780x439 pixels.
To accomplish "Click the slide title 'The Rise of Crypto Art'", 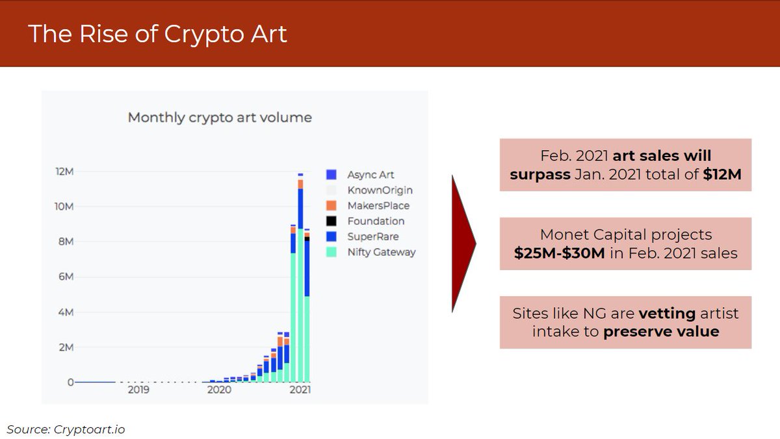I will point(157,34).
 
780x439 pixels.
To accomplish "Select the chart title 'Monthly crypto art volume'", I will point(220,118).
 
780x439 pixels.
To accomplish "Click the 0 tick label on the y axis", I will point(69,383).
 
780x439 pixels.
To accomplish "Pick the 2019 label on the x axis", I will point(138,390).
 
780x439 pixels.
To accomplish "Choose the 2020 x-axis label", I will point(219,390).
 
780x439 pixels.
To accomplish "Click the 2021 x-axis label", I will point(300,390).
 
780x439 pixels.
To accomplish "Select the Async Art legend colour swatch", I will point(331,175).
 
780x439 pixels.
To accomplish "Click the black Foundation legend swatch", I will point(331,221).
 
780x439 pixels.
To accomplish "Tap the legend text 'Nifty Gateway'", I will point(381,253).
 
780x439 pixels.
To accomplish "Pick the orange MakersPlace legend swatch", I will point(331,206).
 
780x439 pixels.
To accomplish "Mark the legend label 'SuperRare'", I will point(372,237).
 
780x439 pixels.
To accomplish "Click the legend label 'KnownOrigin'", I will point(380,190).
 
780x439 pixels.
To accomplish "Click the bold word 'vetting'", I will point(666,314).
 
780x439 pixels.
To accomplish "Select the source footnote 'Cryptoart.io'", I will point(91,429).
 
